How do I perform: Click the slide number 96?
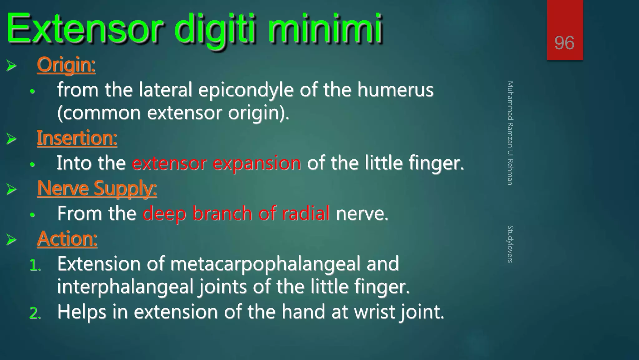point(564,43)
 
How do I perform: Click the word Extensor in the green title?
point(84,29)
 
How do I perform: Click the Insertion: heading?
point(77,138)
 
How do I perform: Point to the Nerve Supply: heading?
point(97,188)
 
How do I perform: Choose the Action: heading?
point(67,239)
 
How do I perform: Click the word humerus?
point(395,90)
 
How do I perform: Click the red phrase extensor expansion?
point(216,163)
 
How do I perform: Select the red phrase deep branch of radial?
point(236,214)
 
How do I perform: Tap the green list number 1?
point(35,266)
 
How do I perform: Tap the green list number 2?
point(35,313)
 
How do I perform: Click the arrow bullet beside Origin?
point(12,66)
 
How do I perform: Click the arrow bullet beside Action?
point(12,240)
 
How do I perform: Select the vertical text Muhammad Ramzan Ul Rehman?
point(510,133)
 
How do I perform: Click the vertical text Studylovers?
point(510,244)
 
